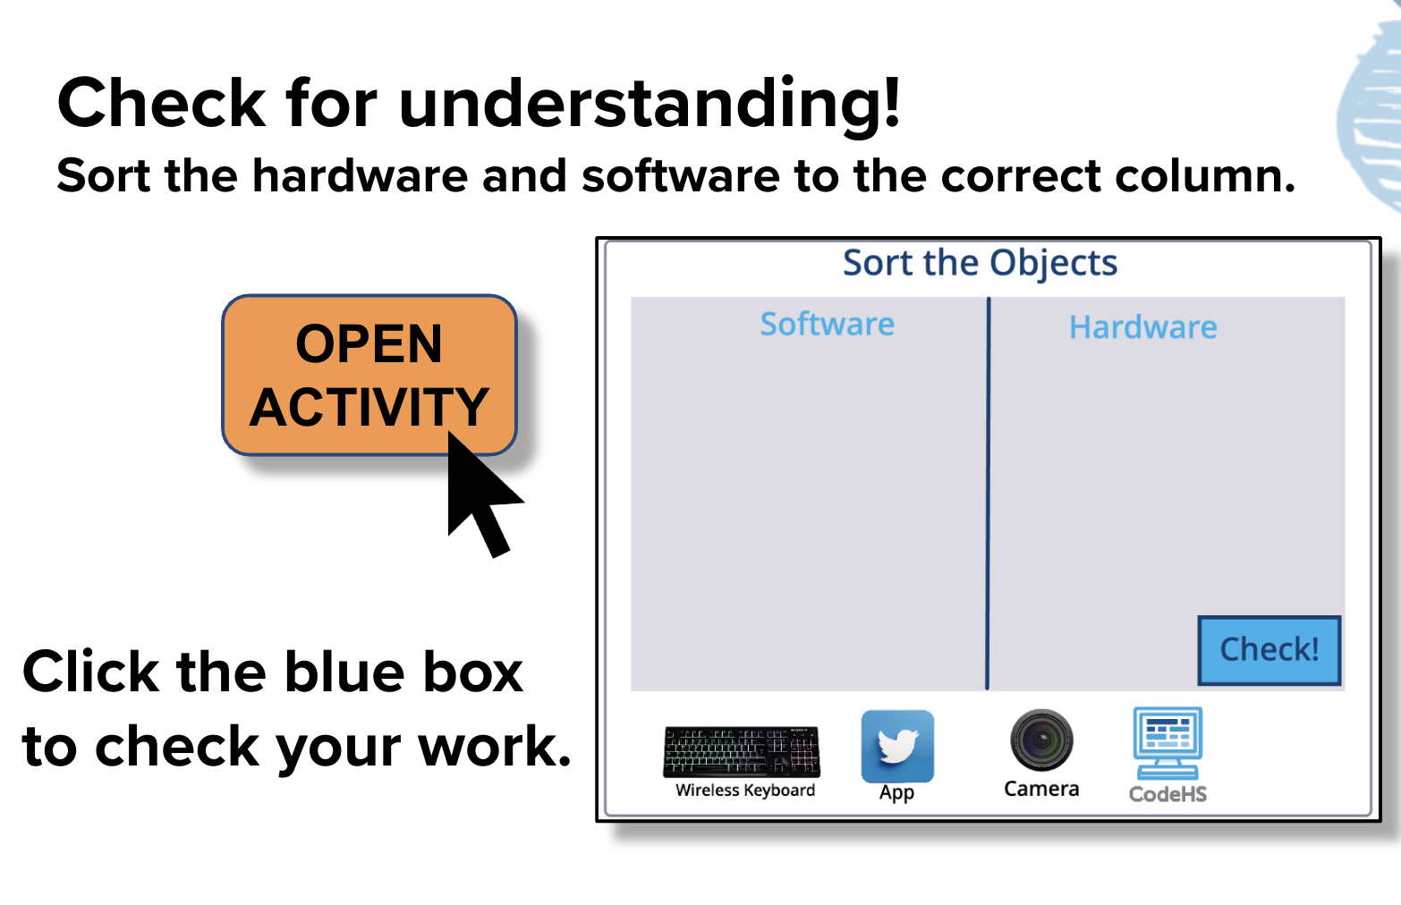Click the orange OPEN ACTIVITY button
click(369, 375)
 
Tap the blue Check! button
click(1269, 650)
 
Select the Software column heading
click(827, 324)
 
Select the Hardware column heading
click(1142, 327)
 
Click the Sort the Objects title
click(981, 263)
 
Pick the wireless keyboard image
click(742, 752)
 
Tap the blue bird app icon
click(897, 746)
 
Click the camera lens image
click(1041, 740)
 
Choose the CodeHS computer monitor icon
click(1167, 742)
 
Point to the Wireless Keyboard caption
click(745, 790)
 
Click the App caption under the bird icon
click(897, 792)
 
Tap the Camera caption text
click(1041, 789)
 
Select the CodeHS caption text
click(1167, 794)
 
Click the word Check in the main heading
click(161, 103)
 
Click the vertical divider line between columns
click(989, 494)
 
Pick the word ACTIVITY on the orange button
click(369, 407)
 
